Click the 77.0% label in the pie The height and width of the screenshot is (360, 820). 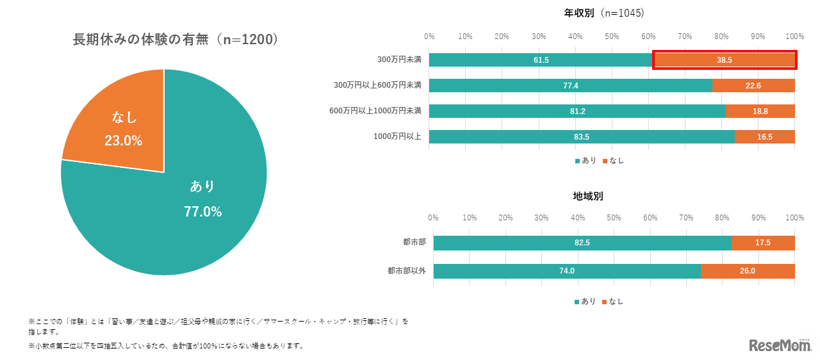202,211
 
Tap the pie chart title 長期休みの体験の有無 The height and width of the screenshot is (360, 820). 175,40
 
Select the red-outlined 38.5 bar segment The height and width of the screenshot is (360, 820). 725,60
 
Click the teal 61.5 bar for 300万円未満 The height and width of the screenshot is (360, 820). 541,60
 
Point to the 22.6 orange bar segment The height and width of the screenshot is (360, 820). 753,85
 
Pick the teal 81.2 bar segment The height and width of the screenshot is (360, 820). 577,111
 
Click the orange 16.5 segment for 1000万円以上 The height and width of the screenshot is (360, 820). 765,136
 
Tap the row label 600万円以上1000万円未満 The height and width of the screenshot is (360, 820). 375,111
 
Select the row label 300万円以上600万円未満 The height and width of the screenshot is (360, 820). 377,85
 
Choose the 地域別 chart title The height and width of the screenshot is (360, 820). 587,196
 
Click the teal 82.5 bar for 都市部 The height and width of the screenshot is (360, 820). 582,243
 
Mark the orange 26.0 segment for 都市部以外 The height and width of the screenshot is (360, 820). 748,270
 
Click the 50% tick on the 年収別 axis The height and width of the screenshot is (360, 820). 612,35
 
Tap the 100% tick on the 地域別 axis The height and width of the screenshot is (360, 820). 794,218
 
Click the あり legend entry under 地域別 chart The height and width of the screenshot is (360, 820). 584,301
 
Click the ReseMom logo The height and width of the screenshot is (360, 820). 780,345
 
